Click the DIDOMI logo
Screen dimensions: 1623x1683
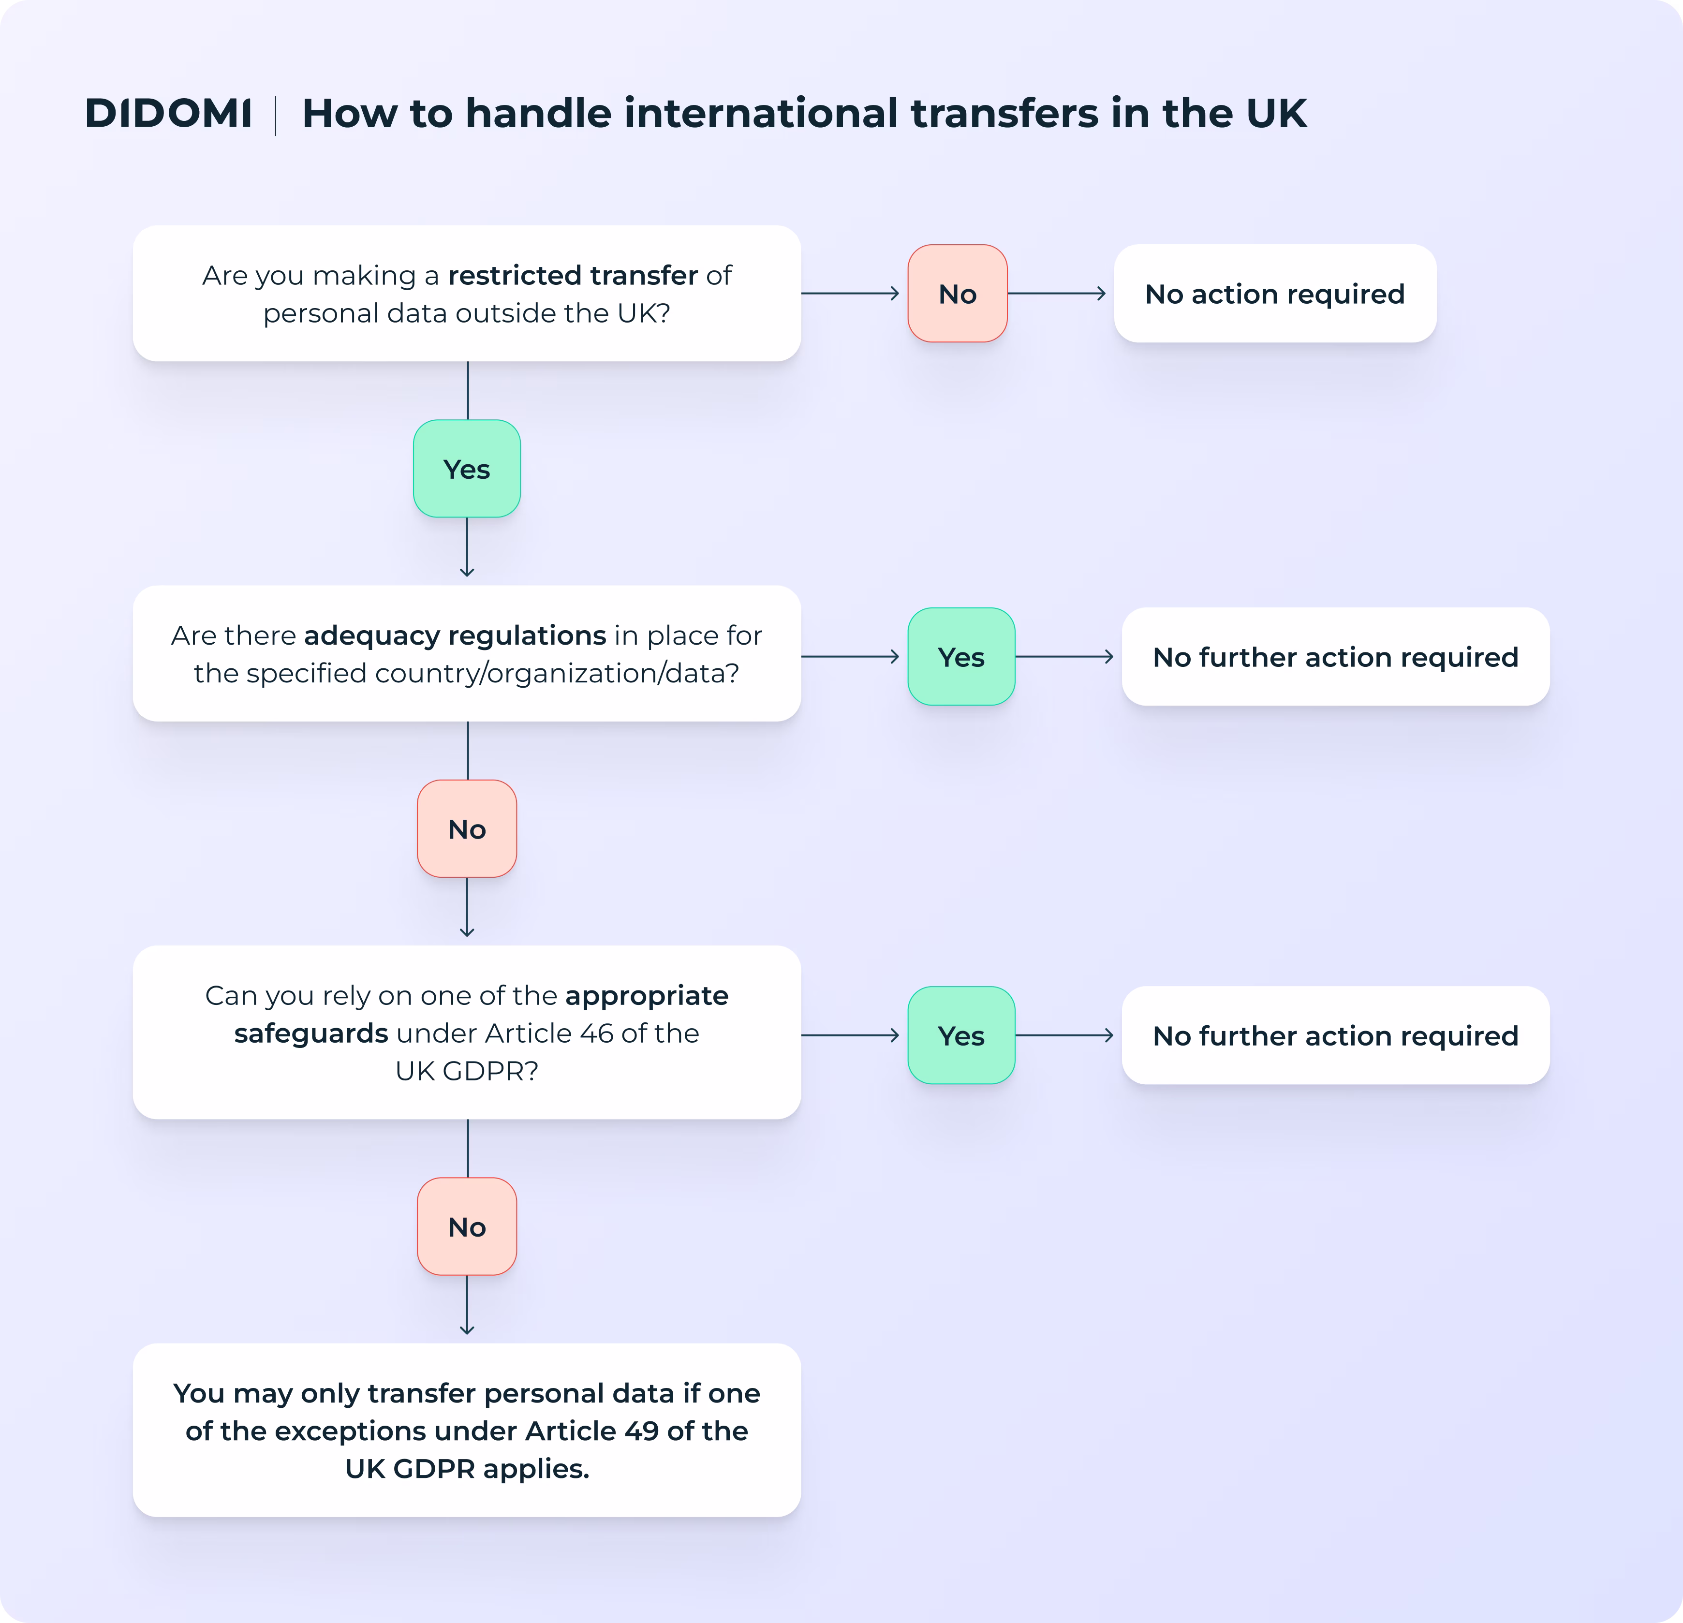pos(168,113)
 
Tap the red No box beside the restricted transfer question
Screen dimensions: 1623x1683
pos(958,294)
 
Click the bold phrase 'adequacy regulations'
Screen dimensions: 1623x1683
pos(455,635)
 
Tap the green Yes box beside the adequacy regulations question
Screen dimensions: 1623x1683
pos(961,657)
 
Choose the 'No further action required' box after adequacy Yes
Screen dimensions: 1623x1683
pos(1335,657)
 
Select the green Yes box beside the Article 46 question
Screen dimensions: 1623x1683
pos(961,1035)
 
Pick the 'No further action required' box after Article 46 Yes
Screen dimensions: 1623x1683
pos(1335,1035)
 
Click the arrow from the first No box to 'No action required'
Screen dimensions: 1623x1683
pos(1056,294)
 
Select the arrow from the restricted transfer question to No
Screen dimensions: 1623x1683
pos(850,294)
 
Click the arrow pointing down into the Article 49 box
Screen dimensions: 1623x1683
pos(467,1305)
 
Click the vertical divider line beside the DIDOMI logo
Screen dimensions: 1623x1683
pos(276,115)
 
